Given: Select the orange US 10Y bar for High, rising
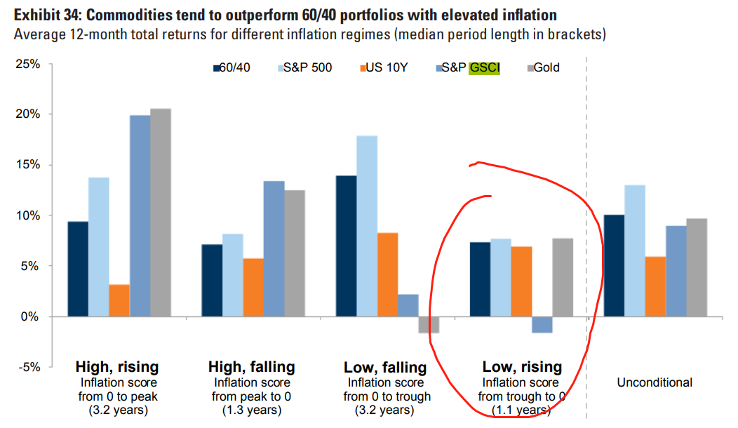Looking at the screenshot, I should click(119, 300).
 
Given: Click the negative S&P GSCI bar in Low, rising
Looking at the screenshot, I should click(542, 325).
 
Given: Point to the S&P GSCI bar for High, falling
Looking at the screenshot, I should click(274, 248).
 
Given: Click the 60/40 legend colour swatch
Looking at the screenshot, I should click(215, 68).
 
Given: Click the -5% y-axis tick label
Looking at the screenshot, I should click(29, 367).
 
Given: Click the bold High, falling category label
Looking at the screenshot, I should click(251, 367).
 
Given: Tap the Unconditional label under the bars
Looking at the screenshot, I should click(655, 382).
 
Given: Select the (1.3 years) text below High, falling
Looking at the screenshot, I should click(251, 410).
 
